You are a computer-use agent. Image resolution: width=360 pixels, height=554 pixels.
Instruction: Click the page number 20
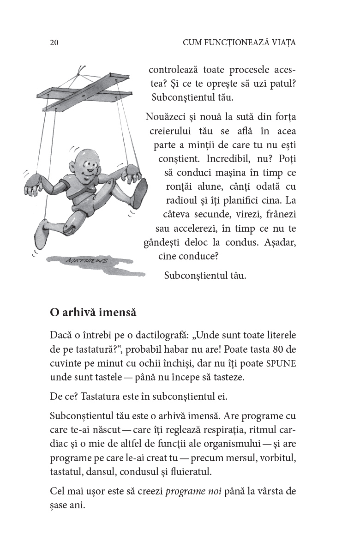(x=54, y=43)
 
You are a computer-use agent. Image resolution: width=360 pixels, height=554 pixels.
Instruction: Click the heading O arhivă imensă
(x=93, y=312)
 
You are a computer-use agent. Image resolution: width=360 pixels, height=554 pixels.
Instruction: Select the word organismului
(x=262, y=444)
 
